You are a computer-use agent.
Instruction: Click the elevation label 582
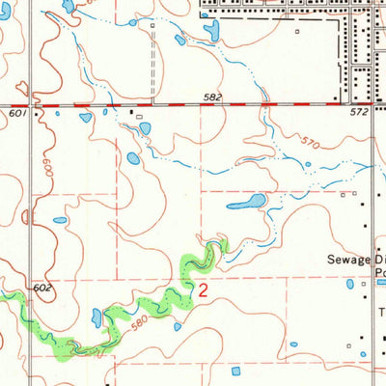(213, 97)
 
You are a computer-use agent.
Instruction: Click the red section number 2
(203, 289)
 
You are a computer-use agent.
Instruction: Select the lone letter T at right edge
(381, 313)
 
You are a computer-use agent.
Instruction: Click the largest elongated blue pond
(248, 203)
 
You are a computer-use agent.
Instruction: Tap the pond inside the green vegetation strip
(96, 316)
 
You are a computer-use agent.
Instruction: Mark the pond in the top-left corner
(66, 6)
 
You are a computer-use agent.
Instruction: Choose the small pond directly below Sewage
(349, 284)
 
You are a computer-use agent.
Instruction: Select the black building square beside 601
(38, 113)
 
